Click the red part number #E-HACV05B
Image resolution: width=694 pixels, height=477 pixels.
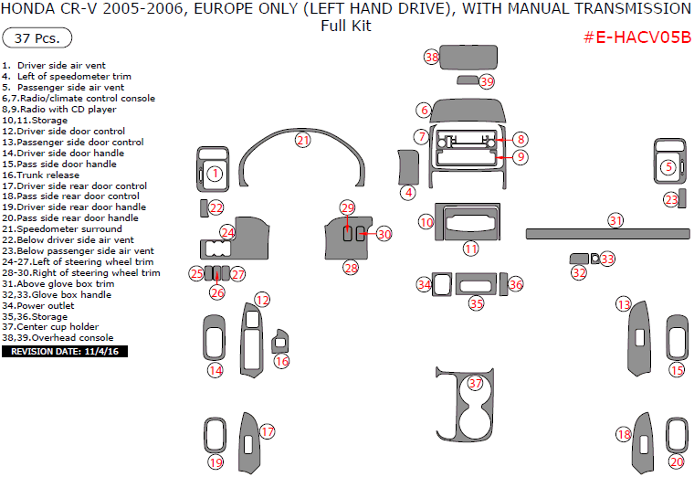pyautogui.click(x=636, y=37)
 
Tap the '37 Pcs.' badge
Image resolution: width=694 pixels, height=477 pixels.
pyautogui.click(x=37, y=38)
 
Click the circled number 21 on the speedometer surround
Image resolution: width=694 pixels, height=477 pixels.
pyautogui.click(x=302, y=140)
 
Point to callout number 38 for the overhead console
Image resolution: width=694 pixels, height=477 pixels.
pyautogui.click(x=432, y=57)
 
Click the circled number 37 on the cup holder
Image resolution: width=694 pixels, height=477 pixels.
pyautogui.click(x=475, y=384)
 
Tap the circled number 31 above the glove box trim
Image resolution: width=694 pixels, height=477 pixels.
pyautogui.click(x=616, y=220)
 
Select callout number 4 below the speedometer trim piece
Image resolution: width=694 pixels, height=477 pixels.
pyautogui.click(x=409, y=193)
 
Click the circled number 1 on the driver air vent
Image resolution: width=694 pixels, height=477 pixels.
pyautogui.click(x=215, y=174)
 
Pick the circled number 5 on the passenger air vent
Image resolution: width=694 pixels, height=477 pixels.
pyautogui.click(x=668, y=167)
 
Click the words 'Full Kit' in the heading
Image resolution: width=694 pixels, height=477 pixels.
pyautogui.click(x=346, y=26)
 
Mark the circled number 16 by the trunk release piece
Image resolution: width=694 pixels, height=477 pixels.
pyautogui.click(x=282, y=362)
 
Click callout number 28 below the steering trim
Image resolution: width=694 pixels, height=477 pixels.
pyautogui.click(x=351, y=268)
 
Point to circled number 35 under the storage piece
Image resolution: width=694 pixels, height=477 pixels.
pyautogui.click(x=476, y=303)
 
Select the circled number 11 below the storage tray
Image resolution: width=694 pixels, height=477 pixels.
pyautogui.click(x=470, y=248)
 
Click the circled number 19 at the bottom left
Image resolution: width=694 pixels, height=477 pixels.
pyautogui.click(x=215, y=462)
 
